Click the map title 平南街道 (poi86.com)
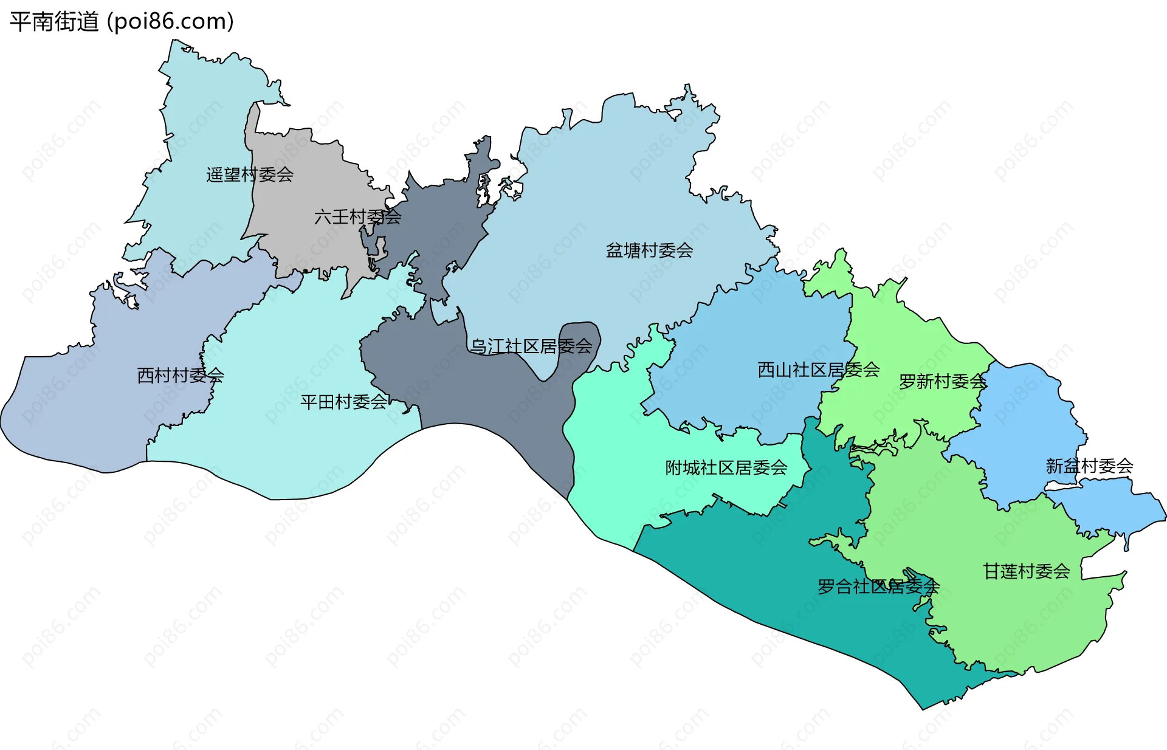(122, 22)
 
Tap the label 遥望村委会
(250, 175)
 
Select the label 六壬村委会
(357, 217)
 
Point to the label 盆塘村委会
(649, 250)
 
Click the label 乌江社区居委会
(531, 346)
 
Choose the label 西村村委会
(181, 376)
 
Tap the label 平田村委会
(344, 402)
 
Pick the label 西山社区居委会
(818, 370)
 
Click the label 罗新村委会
(942, 382)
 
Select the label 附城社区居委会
(726, 468)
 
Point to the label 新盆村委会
(1089, 466)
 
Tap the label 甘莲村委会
(1027, 571)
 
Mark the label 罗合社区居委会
(878, 587)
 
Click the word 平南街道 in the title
(54, 22)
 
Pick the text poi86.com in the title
(170, 22)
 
